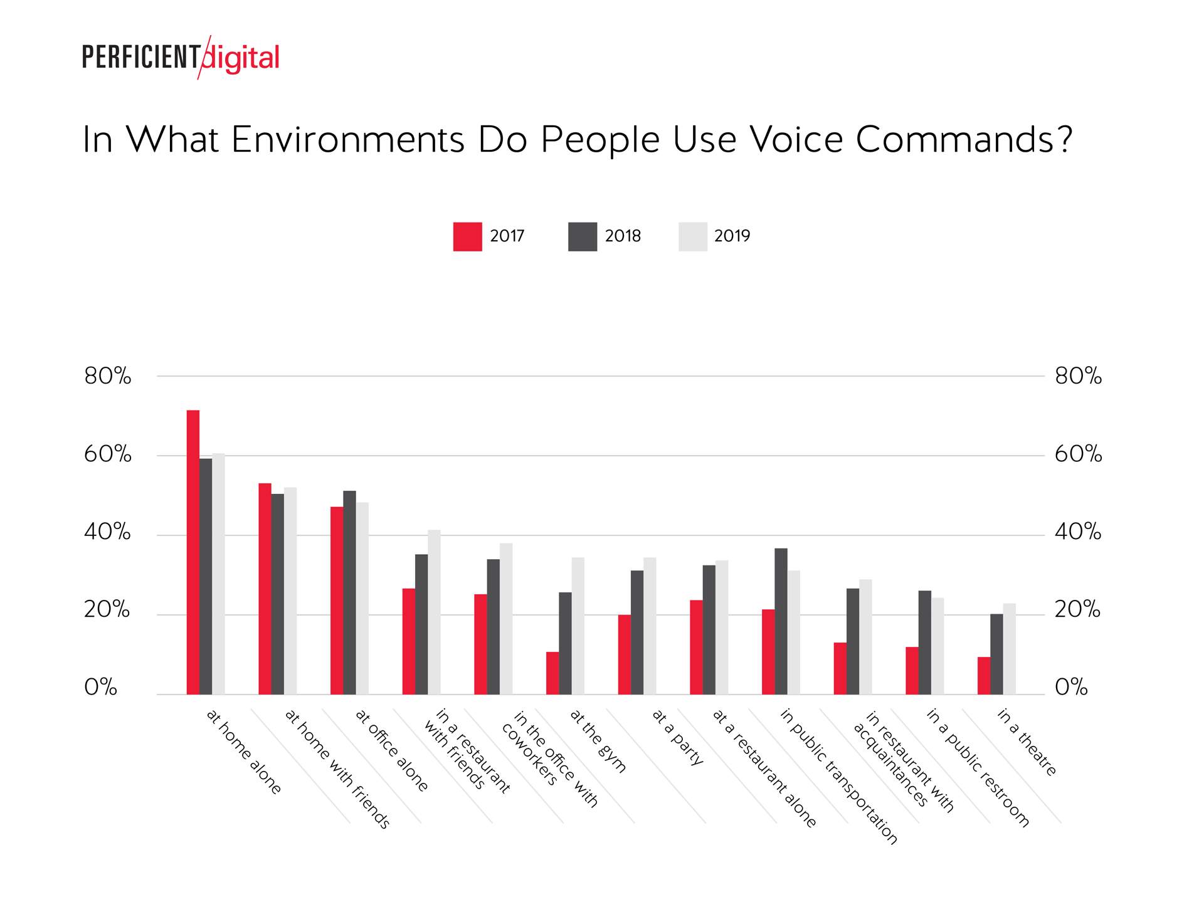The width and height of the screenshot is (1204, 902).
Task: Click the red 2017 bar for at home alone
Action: [193, 552]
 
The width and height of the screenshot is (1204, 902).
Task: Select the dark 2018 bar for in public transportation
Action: [781, 621]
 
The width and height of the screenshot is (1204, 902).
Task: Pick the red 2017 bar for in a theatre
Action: [983, 675]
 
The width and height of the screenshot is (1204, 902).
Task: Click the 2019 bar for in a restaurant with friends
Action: [434, 612]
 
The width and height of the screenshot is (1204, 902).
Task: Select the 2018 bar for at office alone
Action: [349, 592]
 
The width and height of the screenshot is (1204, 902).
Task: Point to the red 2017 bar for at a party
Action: [624, 654]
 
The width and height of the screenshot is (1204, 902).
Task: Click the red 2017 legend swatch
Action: [467, 236]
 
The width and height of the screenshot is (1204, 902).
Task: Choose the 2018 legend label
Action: [622, 236]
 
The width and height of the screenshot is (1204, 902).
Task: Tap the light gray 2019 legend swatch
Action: [692, 236]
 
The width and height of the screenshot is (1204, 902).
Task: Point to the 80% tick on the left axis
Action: [107, 376]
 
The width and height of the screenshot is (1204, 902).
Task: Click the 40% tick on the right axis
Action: [1077, 532]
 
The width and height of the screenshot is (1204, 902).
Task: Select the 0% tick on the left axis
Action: [100, 687]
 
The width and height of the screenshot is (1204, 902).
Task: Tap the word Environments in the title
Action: [347, 139]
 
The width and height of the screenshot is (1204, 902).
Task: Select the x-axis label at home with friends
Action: [337, 768]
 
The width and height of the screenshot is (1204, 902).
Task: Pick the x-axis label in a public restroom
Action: [978, 767]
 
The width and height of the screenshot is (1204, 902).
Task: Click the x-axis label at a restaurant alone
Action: [764, 768]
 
